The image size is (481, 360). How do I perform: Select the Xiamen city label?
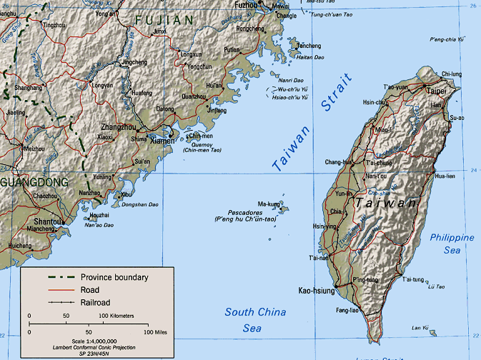[163, 141]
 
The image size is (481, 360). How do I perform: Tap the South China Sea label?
[255, 319]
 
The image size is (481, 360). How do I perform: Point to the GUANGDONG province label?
[34, 182]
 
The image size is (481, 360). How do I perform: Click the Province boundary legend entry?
[114, 277]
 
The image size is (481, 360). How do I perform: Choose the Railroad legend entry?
[99, 303]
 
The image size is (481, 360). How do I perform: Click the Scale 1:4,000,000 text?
[88, 341]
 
